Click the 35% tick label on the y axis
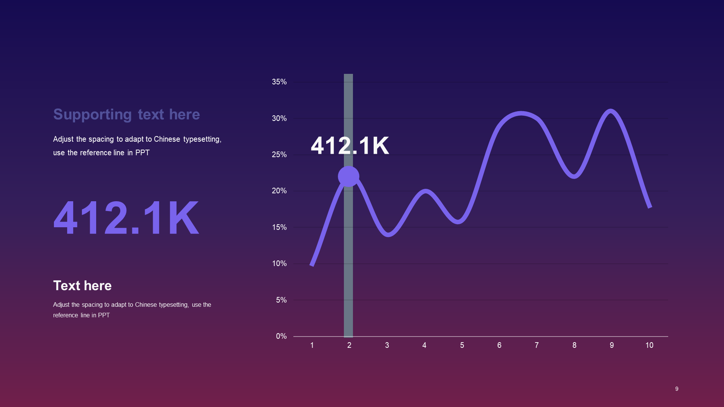279,82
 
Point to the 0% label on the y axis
281,336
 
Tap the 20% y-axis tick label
279,191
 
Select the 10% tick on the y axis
279,263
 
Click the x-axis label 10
649,345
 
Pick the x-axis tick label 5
462,345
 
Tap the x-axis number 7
537,345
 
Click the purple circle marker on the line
348,176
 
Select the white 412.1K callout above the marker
350,145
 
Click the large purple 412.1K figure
126,218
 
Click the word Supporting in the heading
92,115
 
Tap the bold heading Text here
82,286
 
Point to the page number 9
677,389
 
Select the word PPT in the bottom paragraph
104,315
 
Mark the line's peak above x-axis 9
610,111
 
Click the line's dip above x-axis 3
388,234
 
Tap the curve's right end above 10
650,207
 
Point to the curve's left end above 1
312,265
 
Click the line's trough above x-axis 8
574,176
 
